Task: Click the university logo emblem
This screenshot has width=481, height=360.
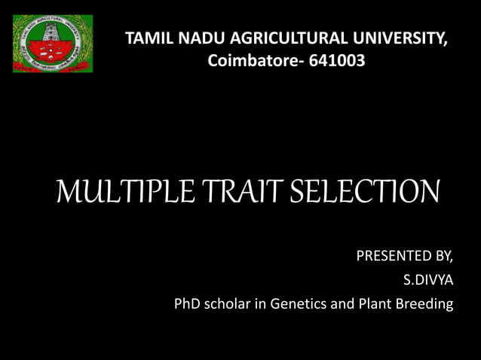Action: pos(52,44)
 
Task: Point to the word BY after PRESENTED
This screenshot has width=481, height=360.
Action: pos(443,257)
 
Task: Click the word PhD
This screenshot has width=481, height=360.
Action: pos(187,305)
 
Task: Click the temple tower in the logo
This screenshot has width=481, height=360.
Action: pos(52,36)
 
